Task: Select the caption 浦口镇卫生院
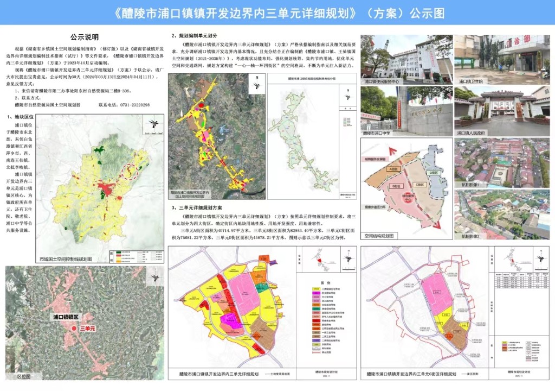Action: tap(469, 81)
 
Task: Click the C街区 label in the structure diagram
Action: tap(418, 185)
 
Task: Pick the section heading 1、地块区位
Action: tap(23, 117)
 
